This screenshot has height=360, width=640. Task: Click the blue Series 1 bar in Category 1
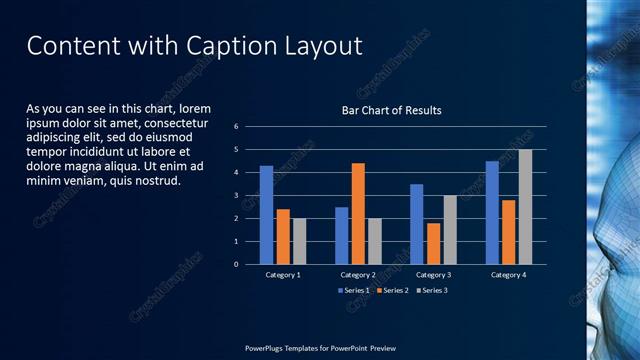[266, 215]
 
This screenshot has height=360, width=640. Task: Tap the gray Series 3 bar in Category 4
[525, 207]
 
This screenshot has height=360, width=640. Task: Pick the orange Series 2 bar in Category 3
[433, 244]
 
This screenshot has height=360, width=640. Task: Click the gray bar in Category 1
[299, 241]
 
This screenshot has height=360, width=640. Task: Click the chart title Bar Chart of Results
[391, 110]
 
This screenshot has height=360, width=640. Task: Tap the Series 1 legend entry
[354, 290]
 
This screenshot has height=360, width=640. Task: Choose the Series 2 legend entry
[392, 290]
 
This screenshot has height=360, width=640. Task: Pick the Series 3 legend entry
[431, 290]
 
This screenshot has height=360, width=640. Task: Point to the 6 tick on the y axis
[236, 127]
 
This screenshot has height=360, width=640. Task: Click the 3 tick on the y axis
[236, 196]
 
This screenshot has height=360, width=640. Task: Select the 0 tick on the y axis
[236, 265]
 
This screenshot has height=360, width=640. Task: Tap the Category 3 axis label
[433, 274]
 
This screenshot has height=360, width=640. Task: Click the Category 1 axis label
[283, 274]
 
